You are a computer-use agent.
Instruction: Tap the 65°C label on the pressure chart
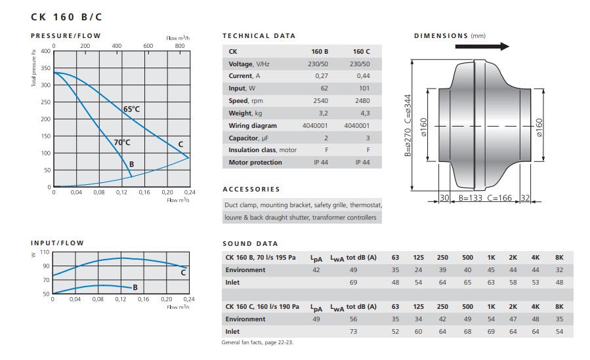tap(131, 109)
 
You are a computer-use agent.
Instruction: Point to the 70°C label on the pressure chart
tap(122, 142)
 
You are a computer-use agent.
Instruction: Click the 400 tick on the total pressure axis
tap(45, 51)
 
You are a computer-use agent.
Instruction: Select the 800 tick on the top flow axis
tap(179, 46)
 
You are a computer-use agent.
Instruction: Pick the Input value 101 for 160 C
tap(362, 89)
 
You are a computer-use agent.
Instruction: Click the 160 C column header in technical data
tap(362, 51)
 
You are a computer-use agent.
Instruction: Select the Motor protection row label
tap(255, 163)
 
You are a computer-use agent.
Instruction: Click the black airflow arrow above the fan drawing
tap(491, 47)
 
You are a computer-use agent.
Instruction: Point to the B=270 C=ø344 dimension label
tap(408, 125)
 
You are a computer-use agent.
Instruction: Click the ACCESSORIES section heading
tap(251, 190)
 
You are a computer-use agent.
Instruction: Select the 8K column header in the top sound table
tap(559, 257)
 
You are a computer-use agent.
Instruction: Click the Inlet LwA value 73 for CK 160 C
tap(353, 331)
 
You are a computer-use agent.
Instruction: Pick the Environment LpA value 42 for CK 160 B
tap(316, 270)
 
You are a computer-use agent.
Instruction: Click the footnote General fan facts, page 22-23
tap(257, 343)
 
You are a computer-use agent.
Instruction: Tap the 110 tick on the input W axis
tap(45, 252)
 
